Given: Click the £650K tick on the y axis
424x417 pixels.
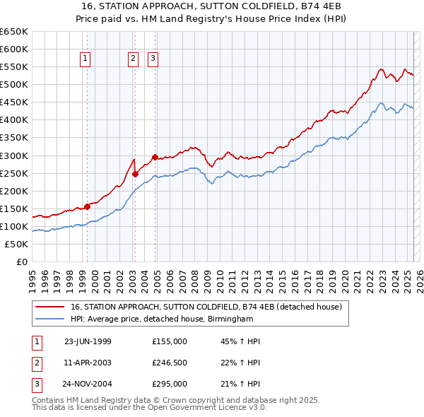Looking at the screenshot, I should (14, 32).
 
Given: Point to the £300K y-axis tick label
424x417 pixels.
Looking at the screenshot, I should (14, 155).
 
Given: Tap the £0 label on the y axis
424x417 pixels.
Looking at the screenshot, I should (22, 262).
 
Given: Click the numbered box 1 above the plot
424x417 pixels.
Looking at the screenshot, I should (85, 59).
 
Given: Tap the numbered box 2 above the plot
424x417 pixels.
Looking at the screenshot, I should (133, 59).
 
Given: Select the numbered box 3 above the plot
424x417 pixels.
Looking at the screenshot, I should (153, 59).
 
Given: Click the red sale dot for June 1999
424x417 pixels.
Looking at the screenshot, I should (88, 206).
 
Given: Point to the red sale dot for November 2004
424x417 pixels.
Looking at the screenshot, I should (155, 157).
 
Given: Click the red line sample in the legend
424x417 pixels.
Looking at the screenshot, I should (49, 307).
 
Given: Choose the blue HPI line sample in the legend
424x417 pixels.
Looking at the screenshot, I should (49, 319).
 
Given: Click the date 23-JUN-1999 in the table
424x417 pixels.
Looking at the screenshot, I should (88, 341).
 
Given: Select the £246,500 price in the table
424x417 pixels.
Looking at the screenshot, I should (170, 363).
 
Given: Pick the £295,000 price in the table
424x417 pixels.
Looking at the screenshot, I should (170, 384).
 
